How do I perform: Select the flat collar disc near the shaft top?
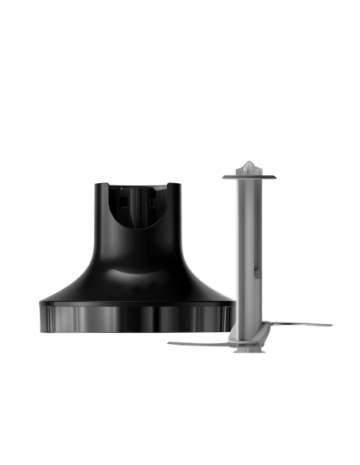click(248, 174)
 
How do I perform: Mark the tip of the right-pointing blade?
click(330, 325)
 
